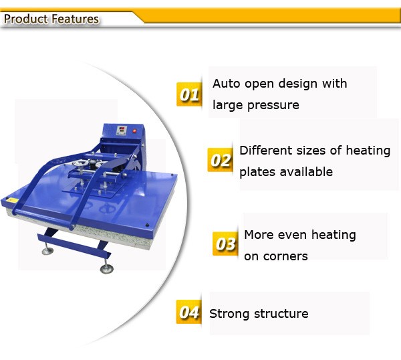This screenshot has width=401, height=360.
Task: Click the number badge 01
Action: (x=189, y=94)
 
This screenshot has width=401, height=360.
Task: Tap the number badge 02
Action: (x=220, y=161)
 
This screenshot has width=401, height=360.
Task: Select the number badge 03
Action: (x=225, y=244)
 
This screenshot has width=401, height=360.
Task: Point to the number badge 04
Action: (x=189, y=312)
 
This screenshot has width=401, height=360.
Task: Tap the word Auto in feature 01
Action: (x=226, y=84)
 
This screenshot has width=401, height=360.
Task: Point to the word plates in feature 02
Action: (x=255, y=172)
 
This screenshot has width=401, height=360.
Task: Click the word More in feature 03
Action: (x=259, y=235)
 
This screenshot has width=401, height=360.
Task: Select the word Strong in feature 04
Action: (x=229, y=314)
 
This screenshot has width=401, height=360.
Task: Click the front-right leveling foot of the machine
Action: (x=106, y=269)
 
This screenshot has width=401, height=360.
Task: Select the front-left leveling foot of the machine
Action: (x=48, y=252)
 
